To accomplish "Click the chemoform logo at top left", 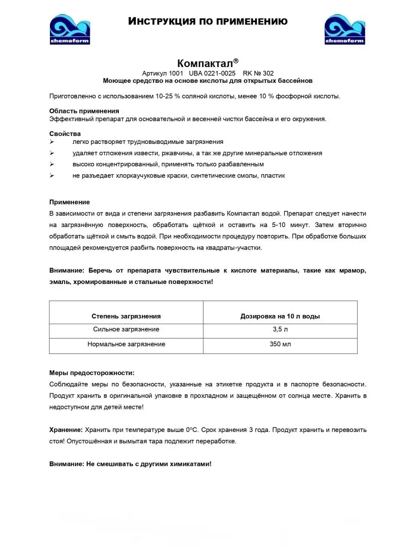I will pyautogui.click(x=70, y=29).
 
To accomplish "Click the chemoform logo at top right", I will pyautogui.click(x=345, y=29).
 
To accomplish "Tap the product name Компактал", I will pyautogui.click(x=208, y=63).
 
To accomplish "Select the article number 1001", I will pyautogui.click(x=176, y=73).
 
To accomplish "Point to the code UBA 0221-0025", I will pyautogui.click(x=212, y=73).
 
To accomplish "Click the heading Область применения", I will pyautogui.click(x=84, y=111).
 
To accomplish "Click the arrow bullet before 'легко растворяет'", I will pyautogui.click(x=52, y=142).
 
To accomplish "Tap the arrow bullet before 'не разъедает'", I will pyautogui.click(x=52, y=176).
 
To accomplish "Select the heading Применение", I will pyautogui.click(x=69, y=202).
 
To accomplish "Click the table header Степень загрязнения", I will pyautogui.click(x=126, y=316).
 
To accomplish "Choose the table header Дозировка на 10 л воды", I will pyautogui.click(x=280, y=316).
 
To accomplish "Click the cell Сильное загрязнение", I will pyautogui.click(x=126, y=329).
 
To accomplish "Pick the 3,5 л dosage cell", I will pyautogui.click(x=280, y=329).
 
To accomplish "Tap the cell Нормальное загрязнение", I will pyautogui.click(x=126, y=344).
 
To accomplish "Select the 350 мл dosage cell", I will pyautogui.click(x=280, y=344).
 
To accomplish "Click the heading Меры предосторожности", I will pyautogui.click(x=92, y=373).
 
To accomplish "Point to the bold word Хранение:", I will pyautogui.click(x=66, y=430).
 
